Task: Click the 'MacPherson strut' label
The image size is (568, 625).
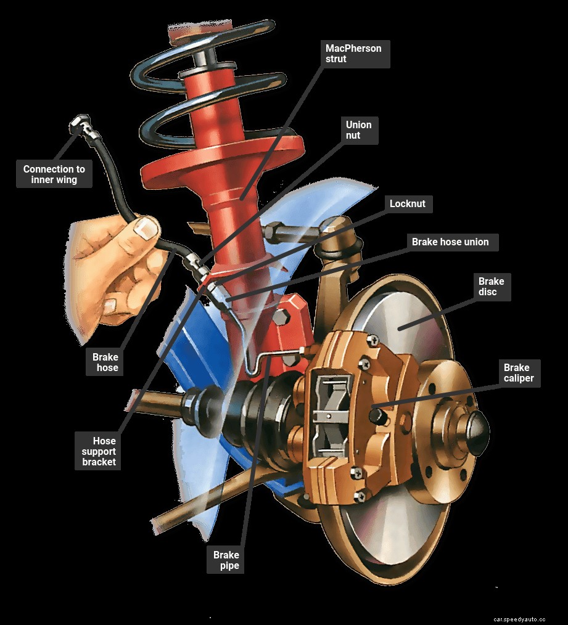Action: (x=353, y=54)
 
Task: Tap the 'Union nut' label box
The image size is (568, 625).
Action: (x=358, y=129)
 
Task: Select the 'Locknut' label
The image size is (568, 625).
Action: (x=407, y=203)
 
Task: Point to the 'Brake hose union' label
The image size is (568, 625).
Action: (x=450, y=242)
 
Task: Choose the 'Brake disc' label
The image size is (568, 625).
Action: (x=491, y=287)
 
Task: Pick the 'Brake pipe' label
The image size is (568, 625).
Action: (x=226, y=560)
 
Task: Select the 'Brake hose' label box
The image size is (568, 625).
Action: (x=105, y=362)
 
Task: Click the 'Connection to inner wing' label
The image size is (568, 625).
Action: (x=54, y=174)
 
